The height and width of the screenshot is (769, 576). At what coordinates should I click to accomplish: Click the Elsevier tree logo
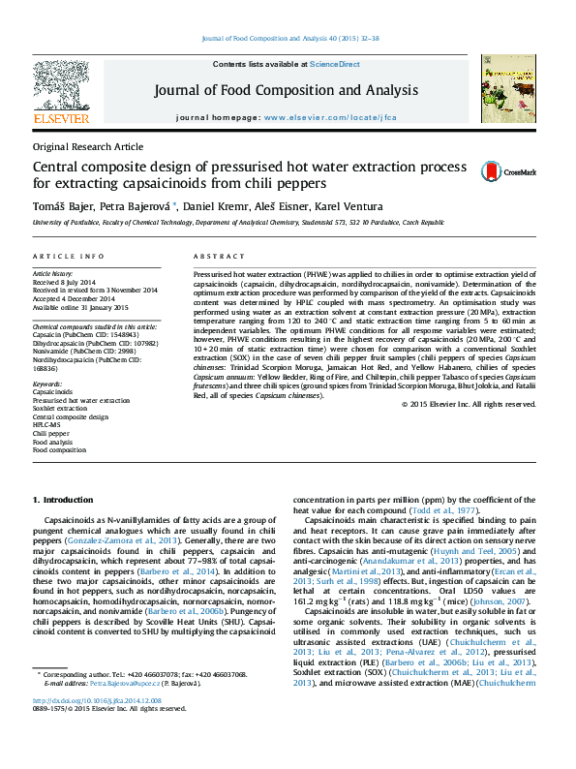tap(61, 92)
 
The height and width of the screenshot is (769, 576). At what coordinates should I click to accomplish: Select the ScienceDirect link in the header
tap(335, 64)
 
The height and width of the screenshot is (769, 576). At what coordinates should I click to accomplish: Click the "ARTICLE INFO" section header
tap(68, 257)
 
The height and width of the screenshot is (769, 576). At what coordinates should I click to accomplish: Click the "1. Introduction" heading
tap(63, 499)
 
